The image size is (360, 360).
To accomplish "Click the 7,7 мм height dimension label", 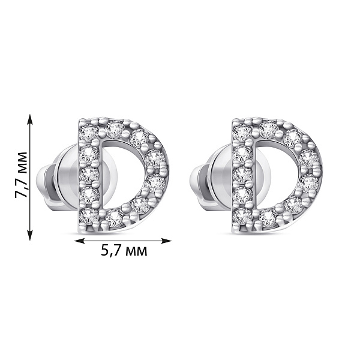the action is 22,174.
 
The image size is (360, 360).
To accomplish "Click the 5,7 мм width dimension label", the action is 124,251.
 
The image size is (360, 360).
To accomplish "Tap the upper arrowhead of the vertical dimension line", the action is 30,119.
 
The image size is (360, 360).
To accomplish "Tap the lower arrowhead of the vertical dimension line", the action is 30,235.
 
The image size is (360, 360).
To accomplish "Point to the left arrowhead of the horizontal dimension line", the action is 80,241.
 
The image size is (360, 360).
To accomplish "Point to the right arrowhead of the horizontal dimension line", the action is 166,241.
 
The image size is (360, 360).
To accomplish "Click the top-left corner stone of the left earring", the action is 88,133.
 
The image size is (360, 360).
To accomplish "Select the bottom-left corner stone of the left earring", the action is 89,215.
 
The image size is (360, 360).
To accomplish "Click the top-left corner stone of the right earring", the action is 242,133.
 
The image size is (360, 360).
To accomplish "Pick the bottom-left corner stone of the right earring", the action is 242,215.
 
